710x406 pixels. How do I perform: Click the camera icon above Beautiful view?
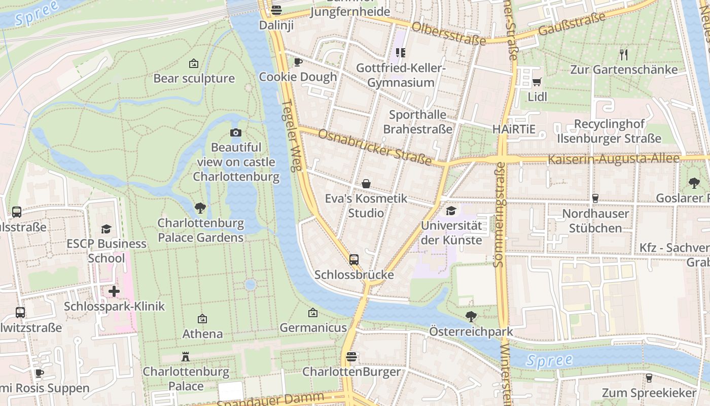(236, 133)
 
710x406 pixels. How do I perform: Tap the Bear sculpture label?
(194, 79)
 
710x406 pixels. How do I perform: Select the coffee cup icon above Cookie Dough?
(298, 62)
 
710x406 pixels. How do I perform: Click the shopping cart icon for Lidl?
(537, 82)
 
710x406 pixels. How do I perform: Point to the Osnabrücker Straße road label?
(375, 147)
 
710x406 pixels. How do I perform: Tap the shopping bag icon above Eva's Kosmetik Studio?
(366, 184)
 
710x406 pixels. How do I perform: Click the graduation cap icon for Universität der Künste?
(451, 211)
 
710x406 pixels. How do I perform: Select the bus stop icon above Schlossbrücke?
(354, 260)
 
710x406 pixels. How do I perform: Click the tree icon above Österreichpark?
(471, 317)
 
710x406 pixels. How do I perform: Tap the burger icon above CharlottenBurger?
(351, 357)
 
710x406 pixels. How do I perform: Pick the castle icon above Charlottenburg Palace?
(186, 357)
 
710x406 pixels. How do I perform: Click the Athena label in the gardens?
(202, 334)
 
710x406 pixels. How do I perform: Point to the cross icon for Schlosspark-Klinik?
(114, 291)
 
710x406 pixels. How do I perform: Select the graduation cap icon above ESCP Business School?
(106, 229)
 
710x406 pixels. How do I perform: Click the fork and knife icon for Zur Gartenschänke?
(624, 54)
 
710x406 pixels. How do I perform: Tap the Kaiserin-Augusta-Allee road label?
(613, 159)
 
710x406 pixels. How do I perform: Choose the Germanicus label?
(313, 328)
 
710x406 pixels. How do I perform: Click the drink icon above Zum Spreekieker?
(649, 378)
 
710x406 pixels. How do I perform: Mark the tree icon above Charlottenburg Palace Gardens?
(200, 208)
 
